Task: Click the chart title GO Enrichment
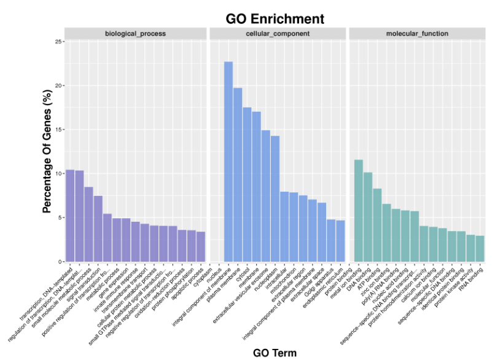tap(275, 18)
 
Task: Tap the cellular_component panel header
tap(277, 33)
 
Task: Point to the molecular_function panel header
tap(417, 33)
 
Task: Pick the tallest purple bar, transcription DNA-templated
tap(70, 216)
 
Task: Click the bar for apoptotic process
tap(200, 246)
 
